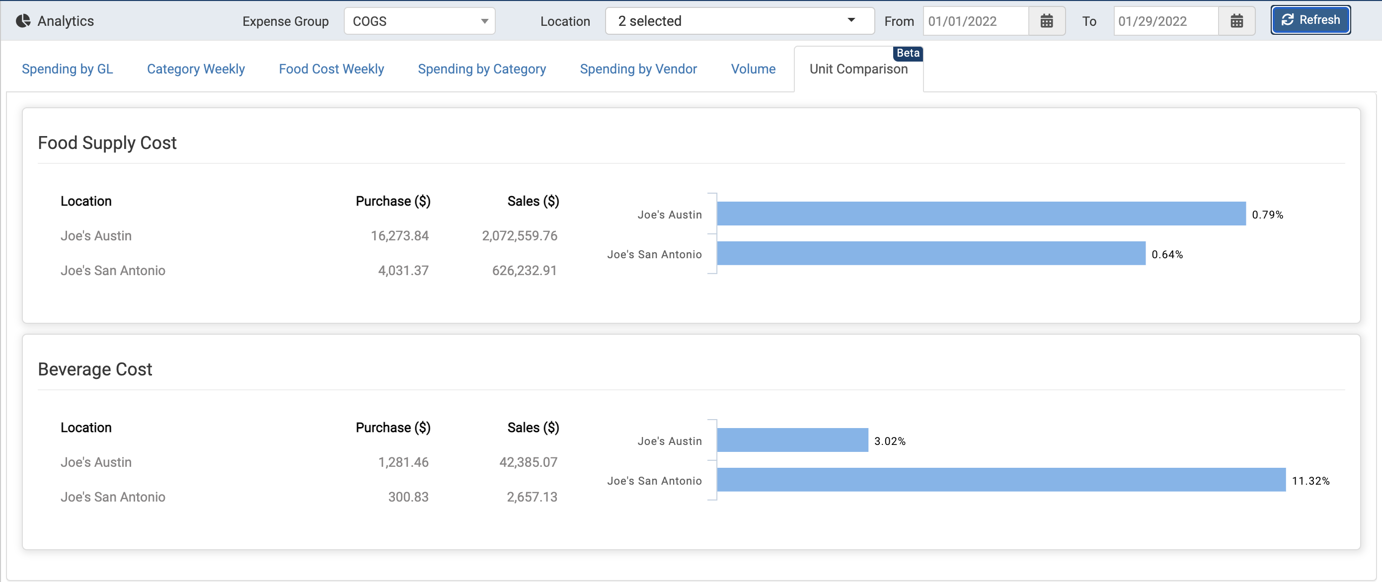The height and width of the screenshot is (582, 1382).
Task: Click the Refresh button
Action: (1309, 20)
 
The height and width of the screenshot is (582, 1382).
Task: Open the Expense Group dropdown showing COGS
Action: (419, 21)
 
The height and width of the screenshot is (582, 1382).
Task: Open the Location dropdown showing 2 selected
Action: (739, 21)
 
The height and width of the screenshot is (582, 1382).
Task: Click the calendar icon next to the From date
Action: (1046, 21)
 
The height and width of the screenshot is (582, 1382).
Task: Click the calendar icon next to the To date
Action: (1236, 21)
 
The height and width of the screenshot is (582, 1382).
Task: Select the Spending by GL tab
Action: (67, 69)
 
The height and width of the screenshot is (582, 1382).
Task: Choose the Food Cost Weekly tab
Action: (331, 69)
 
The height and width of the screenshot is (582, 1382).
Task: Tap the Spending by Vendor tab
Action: (638, 69)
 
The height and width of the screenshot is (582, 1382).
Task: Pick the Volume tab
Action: (753, 69)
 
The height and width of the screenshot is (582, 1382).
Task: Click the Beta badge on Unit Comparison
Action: (908, 53)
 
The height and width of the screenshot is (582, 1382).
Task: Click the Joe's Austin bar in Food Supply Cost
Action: (981, 214)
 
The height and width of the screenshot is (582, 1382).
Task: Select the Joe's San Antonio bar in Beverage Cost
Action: (1000, 480)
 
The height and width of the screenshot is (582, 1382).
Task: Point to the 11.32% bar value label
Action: (1310, 481)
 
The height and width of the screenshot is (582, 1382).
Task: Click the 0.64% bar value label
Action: (1167, 255)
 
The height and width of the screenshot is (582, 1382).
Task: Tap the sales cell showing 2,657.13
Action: (532, 497)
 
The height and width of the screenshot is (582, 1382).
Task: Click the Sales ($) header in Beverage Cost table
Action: (533, 428)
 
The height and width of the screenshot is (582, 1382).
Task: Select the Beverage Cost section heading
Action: (95, 369)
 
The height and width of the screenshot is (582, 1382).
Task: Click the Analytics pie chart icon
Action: (23, 21)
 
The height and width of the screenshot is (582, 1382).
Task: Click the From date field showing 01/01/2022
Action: (974, 21)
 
